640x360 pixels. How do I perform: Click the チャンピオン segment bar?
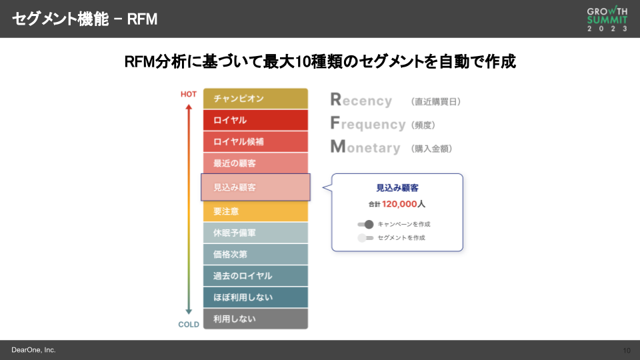pos(255,99)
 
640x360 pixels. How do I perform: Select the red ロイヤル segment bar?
pos(255,120)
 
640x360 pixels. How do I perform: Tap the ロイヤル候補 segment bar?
pos(255,141)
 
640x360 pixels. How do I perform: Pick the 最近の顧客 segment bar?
pos(255,163)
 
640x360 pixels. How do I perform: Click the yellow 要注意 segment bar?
pos(255,211)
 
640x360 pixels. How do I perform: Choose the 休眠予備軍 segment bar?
pos(255,233)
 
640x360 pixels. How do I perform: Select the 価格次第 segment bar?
pos(255,254)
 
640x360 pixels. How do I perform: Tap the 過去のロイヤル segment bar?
pos(255,275)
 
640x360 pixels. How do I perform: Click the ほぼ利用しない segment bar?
pos(255,297)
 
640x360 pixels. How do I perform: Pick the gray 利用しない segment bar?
pos(255,319)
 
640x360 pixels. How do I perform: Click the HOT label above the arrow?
pos(189,94)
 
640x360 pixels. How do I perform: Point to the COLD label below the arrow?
pos(189,325)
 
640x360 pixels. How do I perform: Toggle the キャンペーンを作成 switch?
pos(365,224)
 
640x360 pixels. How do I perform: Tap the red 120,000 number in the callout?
pos(399,204)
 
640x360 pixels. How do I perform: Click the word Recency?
pos(361,101)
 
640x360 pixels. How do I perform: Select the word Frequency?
pos(368,124)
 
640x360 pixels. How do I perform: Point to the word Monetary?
pos(365,147)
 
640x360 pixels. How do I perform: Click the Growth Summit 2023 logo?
pos(607,19)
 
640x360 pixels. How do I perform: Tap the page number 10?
pos(627,350)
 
